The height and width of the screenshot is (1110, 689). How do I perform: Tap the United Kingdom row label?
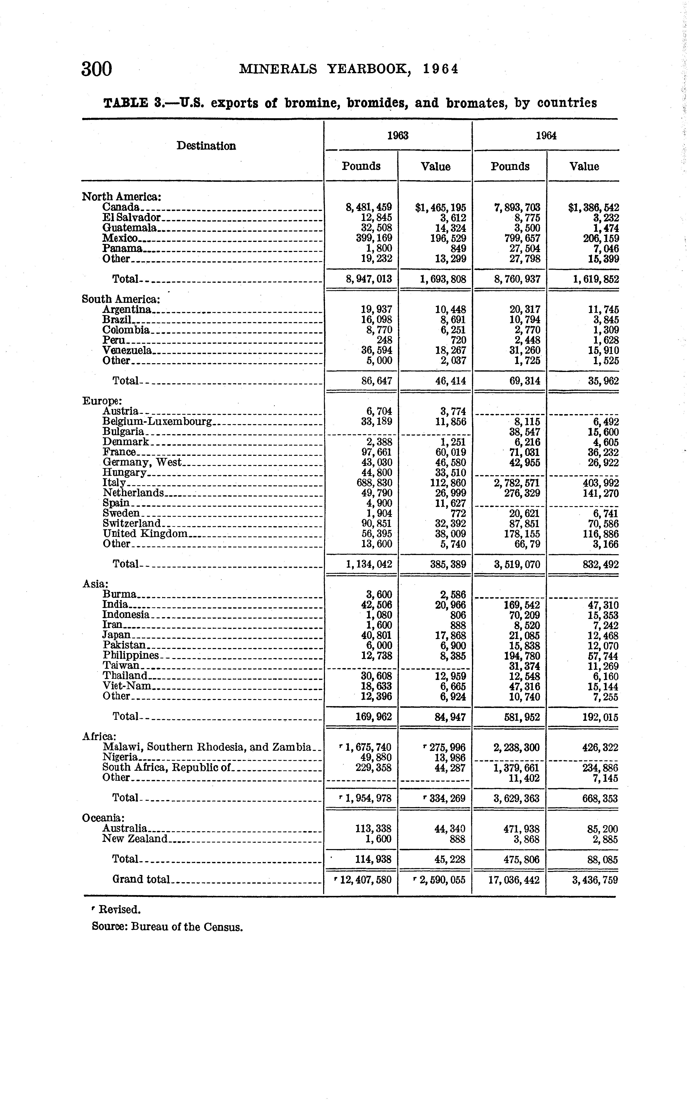[x=145, y=533]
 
